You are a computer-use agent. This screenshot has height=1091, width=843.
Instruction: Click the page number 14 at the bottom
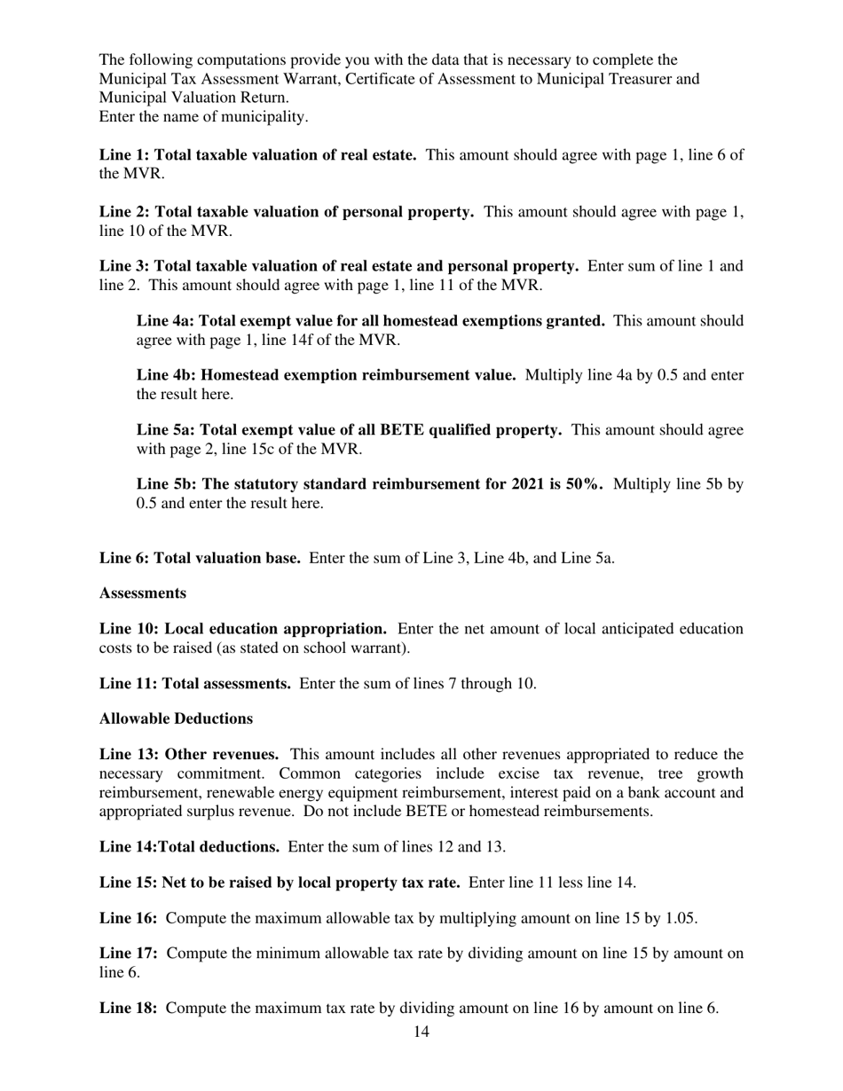coord(421,1032)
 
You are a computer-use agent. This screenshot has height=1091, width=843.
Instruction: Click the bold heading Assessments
coord(142,593)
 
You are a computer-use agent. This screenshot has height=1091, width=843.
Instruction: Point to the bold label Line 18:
coord(129,1009)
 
